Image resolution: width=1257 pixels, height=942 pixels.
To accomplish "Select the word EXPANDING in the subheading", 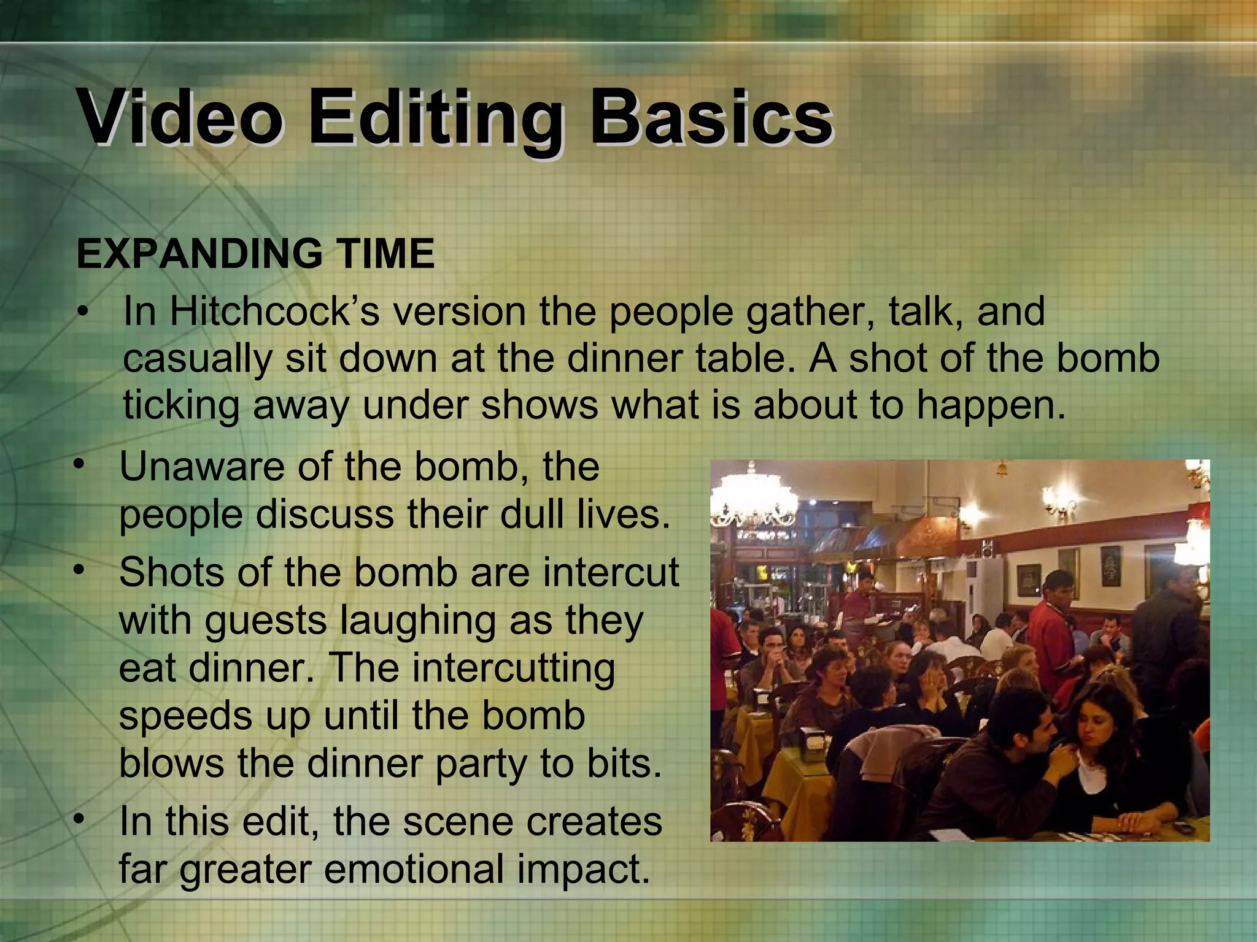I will point(198,254).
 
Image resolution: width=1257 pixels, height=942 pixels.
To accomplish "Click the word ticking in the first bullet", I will point(181,406).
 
